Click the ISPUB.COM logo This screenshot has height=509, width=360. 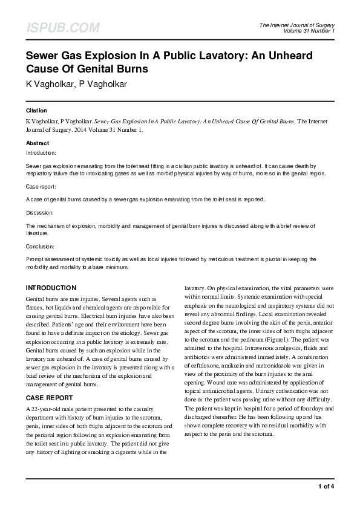(63, 28)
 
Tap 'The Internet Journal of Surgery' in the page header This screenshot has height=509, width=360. (296, 25)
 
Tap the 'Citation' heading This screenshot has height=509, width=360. (36, 111)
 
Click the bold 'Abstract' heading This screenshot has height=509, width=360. (38, 143)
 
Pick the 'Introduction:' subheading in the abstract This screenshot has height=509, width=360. (41, 154)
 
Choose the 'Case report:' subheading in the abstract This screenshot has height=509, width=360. (41, 187)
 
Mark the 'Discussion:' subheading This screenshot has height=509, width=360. (40, 213)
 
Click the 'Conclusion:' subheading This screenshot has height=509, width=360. (40, 247)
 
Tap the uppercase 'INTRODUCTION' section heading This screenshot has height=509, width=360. (51, 288)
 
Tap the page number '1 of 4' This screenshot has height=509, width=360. (326, 486)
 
